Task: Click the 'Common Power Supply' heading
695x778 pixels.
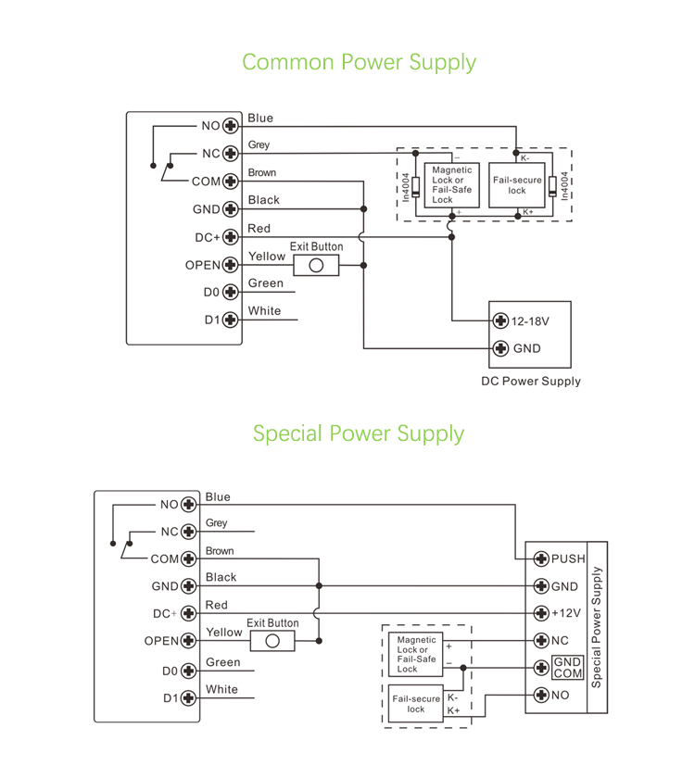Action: click(359, 62)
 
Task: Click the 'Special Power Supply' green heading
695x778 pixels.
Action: click(359, 433)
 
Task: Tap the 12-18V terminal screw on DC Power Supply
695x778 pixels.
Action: click(501, 321)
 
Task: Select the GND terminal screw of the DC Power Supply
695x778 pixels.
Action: click(501, 349)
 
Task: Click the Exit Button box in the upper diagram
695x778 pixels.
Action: click(316, 266)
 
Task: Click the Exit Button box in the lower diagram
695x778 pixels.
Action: click(272, 641)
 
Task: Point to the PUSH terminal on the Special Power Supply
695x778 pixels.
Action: click(542, 558)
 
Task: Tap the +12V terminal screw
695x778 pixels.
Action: click(542, 613)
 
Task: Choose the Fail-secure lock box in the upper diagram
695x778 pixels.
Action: click(516, 185)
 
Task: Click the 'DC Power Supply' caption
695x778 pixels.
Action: click(531, 382)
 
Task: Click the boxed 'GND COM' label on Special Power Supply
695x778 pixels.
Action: click(568, 668)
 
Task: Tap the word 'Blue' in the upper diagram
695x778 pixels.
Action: click(260, 119)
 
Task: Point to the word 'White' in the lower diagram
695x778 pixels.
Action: click(221, 690)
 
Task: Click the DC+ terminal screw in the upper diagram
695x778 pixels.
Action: click(231, 237)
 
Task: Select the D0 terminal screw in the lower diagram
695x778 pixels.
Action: click(189, 671)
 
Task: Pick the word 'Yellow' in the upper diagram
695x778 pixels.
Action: click(267, 257)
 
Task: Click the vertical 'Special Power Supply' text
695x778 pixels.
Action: click(596, 626)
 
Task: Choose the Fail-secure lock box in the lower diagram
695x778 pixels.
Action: click(416, 704)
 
